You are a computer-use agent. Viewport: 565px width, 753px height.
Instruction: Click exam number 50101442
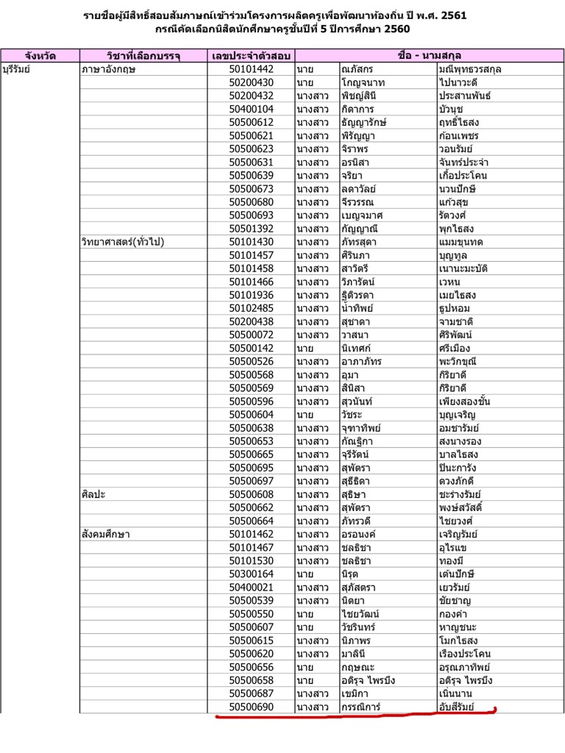point(252,69)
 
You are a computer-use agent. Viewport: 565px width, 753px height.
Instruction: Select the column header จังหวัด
point(40,55)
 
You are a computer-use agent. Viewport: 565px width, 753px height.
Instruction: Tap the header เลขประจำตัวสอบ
point(251,55)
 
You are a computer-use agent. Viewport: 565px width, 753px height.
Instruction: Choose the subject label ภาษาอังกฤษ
point(110,69)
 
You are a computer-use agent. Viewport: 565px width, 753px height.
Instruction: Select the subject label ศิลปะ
point(93,494)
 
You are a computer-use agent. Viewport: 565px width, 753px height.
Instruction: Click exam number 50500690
point(252,707)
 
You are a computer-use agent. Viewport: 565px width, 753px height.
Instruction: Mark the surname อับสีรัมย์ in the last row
point(457,707)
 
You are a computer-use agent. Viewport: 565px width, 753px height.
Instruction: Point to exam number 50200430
point(252,82)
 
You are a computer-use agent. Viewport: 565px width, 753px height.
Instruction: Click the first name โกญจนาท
point(363,82)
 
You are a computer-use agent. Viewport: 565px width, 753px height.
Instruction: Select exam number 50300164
point(252,574)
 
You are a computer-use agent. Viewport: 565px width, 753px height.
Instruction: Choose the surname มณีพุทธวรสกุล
point(475,69)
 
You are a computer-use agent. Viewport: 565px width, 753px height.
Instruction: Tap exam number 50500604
point(252,415)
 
